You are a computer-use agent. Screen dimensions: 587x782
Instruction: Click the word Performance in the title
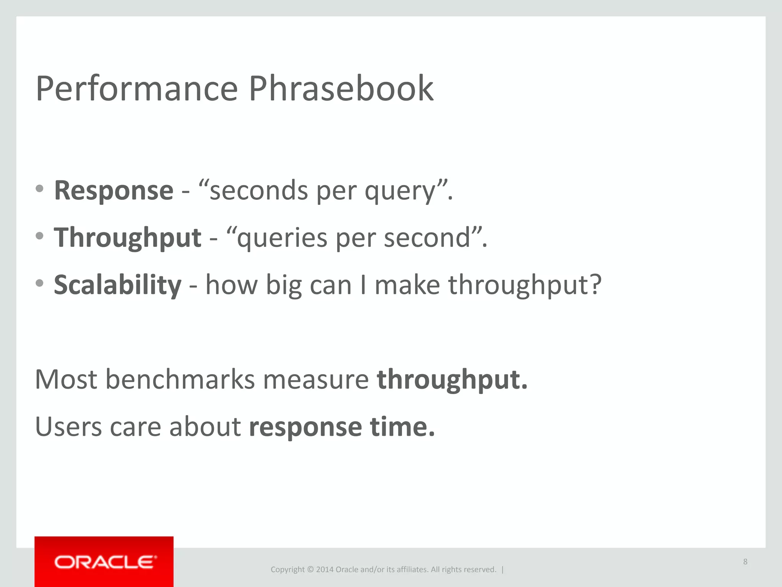pos(137,89)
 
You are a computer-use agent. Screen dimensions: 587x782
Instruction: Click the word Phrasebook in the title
pos(341,89)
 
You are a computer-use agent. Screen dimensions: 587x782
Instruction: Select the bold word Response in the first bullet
pos(114,190)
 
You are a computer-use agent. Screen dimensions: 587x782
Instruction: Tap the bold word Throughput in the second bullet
pos(128,238)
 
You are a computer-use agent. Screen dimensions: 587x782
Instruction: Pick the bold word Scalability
pos(118,285)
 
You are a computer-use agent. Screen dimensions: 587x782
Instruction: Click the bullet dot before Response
pos(39,188)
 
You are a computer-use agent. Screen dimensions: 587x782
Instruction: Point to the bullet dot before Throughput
pos(39,236)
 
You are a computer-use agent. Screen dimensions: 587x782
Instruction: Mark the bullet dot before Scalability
pos(39,283)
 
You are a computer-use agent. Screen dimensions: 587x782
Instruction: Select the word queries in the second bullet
pos(282,238)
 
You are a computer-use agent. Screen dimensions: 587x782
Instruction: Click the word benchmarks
pos(180,379)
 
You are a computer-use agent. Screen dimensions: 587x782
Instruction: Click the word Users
pos(68,426)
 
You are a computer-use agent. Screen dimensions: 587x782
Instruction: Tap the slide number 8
pos(745,562)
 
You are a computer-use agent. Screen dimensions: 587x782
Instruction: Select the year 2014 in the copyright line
pos(325,569)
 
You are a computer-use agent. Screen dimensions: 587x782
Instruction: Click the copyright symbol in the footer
pos(310,569)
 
